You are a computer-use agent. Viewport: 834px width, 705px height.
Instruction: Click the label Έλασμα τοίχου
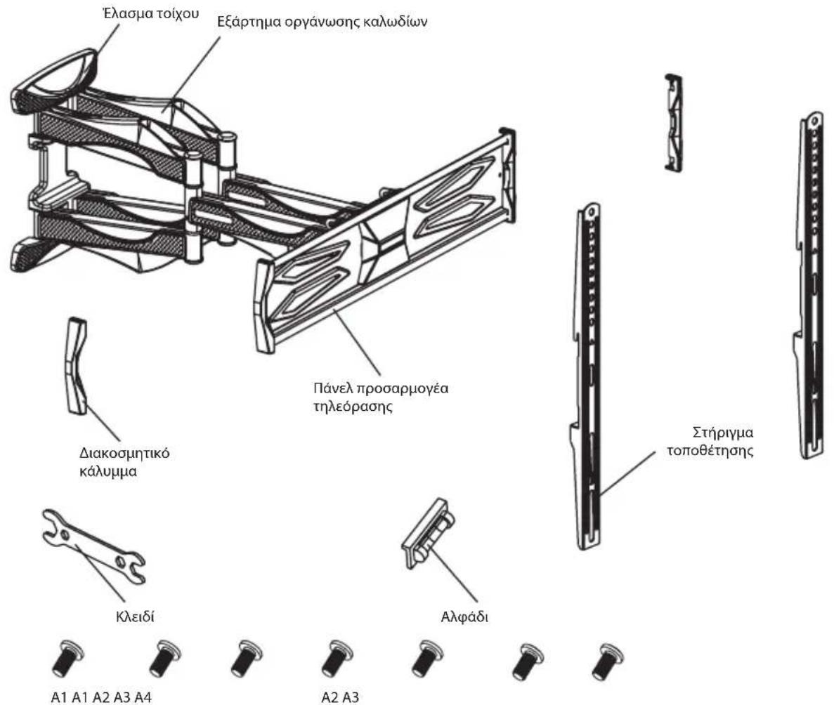[150, 13]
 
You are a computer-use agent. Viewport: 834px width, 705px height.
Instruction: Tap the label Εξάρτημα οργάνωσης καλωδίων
[322, 22]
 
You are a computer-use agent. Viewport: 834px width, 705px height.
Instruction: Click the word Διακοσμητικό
[124, 454]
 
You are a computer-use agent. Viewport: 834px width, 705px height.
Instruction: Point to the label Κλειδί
[135, 617]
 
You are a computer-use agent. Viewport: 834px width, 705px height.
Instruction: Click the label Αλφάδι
[464, 617]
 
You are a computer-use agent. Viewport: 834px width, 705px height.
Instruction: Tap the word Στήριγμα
[723, 433]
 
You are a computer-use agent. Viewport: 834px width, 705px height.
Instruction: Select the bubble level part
[429, 533]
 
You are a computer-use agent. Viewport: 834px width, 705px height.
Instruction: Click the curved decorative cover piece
[76, 366]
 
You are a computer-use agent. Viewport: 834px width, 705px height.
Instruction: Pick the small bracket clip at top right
[673, 122]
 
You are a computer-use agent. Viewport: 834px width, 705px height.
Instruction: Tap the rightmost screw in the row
[608, 660]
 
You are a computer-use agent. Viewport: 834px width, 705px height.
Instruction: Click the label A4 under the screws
[143, 697]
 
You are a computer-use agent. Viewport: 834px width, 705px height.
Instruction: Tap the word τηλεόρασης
[353, 407]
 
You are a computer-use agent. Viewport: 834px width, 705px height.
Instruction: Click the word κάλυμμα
[108, 472]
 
